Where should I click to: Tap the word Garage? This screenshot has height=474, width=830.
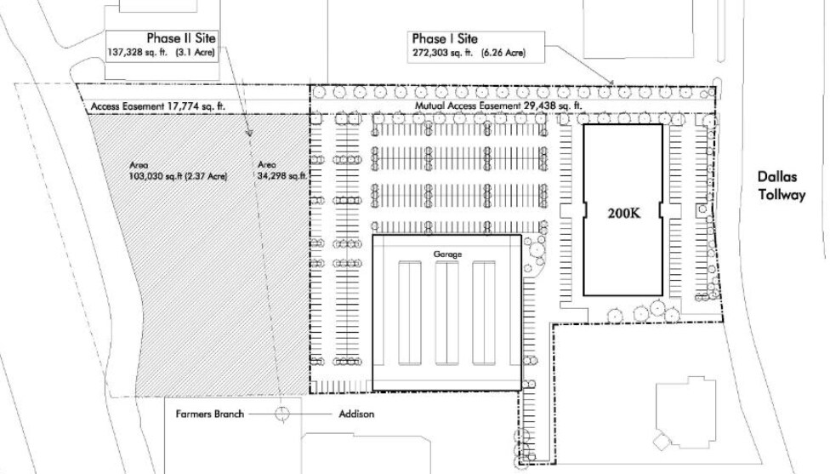coord(446,254)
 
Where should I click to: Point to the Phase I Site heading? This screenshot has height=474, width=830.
coord(445,39)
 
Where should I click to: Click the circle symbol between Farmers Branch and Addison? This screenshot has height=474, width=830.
coord(281,414)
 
